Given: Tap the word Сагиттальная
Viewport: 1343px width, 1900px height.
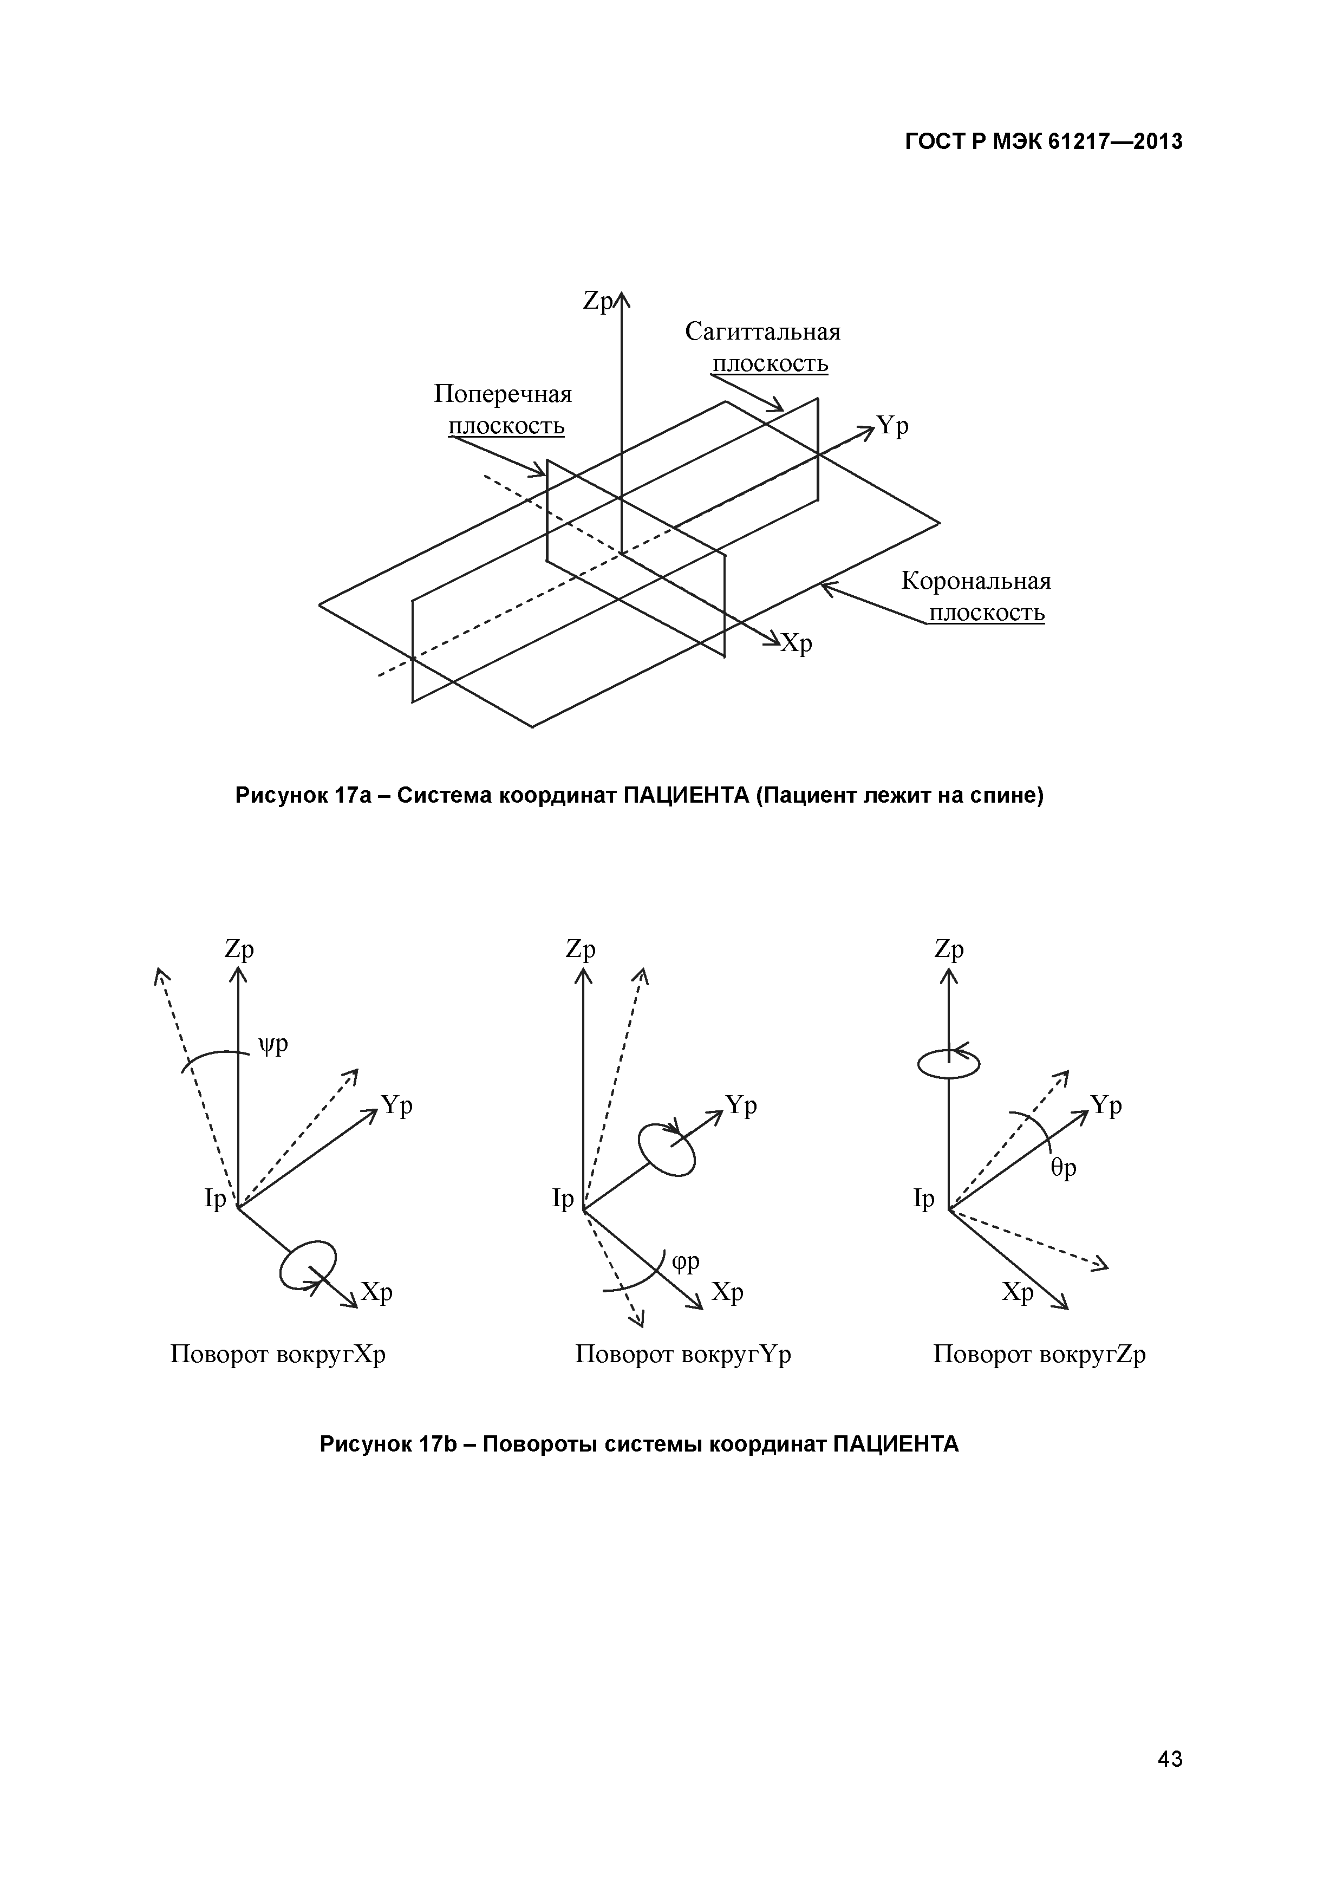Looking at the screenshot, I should click(x=762, y=333).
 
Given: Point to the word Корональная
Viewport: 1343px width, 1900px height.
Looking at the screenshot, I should click(x=976, y=582).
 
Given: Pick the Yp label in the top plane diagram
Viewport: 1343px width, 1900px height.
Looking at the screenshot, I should click(x=893, y=426).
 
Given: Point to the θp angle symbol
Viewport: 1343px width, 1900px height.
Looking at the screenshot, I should click(x=1064, y=1168).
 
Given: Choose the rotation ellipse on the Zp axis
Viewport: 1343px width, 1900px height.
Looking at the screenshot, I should click(x=948, y=1063).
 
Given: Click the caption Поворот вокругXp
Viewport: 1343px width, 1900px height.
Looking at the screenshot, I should click(x=278, y=1355).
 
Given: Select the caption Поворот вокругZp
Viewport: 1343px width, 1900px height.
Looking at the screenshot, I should click(x=1039, y=1355).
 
